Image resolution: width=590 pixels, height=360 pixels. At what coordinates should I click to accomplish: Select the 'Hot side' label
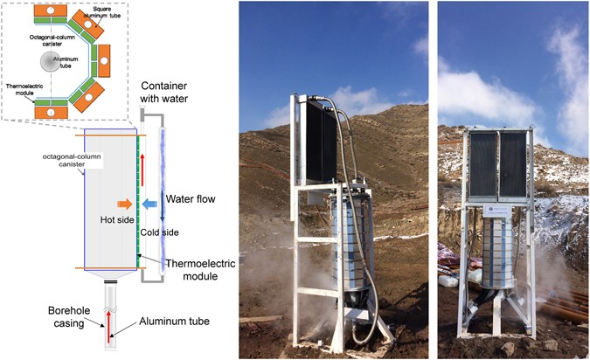[118, 220]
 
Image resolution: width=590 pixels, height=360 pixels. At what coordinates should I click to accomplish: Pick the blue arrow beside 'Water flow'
[150, 204]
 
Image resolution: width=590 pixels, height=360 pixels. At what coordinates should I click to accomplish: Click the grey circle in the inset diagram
[50, 63]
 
